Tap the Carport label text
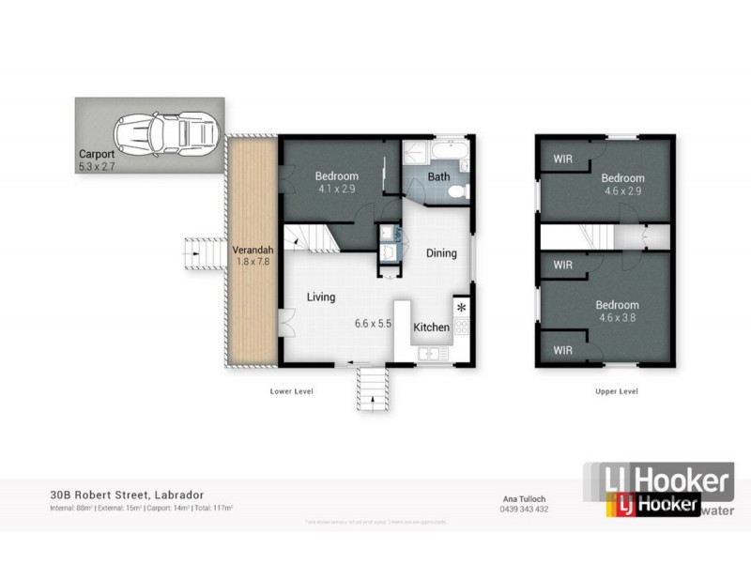click(x=98, y=154)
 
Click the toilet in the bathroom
click(x=457, y=191)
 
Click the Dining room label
click(x=441, y=252)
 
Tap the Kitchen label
click(x=432, y=327)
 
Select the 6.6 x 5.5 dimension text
click(x=373, y=324)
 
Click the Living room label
click(x=321, y=297)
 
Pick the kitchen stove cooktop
click(x=462, y=327)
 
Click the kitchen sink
click(x=434, y=353)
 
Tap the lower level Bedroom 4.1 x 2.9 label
click(x=336, y=181)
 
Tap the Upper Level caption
click(x=617, y=390)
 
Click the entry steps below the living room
click(x=373, y=385)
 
